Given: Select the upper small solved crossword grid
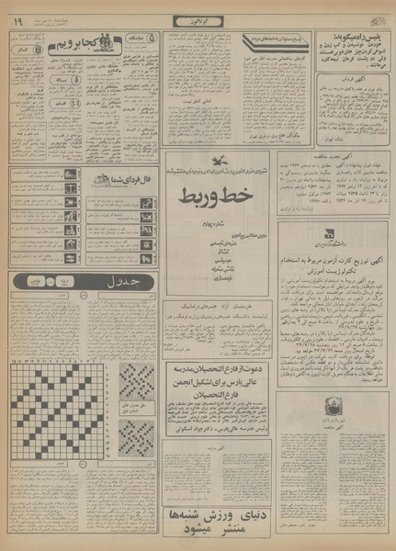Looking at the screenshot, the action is tap(136, 380).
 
